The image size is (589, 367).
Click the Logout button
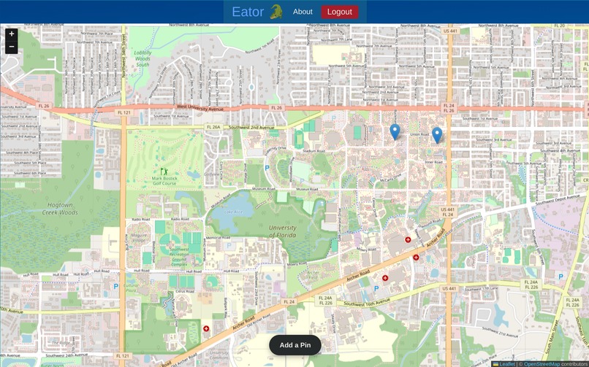(x=340, y=12)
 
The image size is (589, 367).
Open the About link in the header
(x=303, y=12)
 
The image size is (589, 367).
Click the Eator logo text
(x=248, y=12)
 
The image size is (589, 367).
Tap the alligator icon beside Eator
(x=276, y=12)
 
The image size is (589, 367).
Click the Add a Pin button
(x=295, y=345)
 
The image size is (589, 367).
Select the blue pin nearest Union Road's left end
(x=395, y=131)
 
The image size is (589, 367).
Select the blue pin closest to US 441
(x=437, y=135)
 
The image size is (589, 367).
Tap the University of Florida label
(x=283, y=231)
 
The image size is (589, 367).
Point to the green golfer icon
(x=164, y=171)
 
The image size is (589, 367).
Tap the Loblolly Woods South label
(x=142, y=58)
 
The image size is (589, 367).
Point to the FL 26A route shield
(x=213, y=127)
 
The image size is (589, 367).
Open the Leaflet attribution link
(x=505, y=363)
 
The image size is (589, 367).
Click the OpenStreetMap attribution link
(x=541, y=363)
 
